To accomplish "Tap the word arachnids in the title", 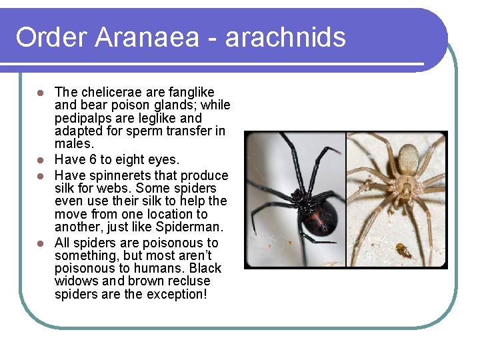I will pos(286,37).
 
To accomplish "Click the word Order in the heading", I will pos(51,37).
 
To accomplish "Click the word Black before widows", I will pos(205,268).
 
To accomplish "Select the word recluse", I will pos(186,281).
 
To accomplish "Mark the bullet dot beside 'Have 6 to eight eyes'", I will pos(41,160).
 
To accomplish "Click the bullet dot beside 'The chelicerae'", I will pos(41,92).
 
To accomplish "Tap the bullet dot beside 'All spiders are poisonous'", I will pos(41,243).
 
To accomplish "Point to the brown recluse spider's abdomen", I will pos(408,159).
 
